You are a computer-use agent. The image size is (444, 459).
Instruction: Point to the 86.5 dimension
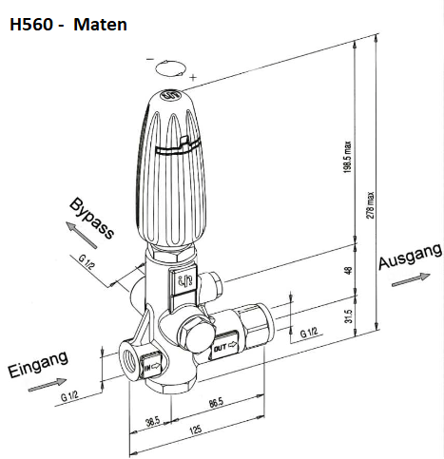[217, 405]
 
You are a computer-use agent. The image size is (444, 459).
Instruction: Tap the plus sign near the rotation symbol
[194, 75]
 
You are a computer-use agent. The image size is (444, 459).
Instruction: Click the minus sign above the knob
[149, 61]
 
